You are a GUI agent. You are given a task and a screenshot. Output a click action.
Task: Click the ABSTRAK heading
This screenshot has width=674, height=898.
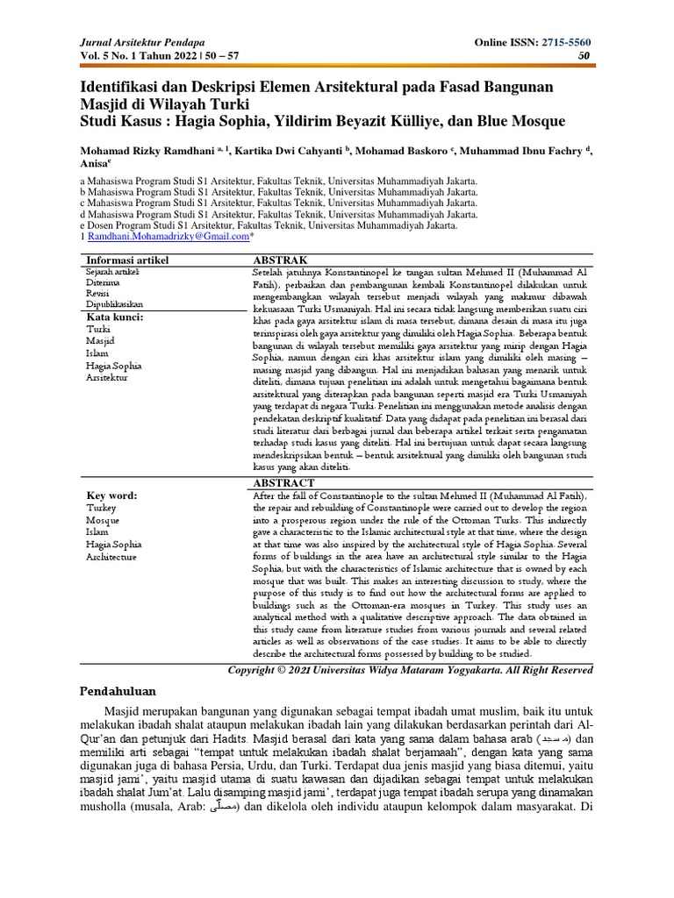280,260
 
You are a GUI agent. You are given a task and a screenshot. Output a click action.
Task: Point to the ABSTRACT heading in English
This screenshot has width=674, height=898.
283,482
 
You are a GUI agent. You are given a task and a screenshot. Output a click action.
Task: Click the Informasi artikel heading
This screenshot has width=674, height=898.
126,260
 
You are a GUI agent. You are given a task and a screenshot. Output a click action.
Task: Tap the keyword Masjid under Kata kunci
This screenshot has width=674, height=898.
101,340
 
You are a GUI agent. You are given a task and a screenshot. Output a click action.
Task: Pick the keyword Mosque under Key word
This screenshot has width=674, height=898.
104,520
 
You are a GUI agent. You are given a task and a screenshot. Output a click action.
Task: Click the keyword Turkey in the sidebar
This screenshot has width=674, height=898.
102,508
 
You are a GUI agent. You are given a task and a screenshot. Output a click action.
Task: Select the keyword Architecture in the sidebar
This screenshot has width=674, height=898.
111,557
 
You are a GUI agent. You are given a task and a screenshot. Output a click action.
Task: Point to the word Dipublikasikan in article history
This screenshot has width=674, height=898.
114,304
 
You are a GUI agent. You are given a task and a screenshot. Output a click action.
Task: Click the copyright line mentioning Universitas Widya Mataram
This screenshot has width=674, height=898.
410,670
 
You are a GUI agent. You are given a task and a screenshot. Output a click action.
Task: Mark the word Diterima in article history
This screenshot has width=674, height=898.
102,283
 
